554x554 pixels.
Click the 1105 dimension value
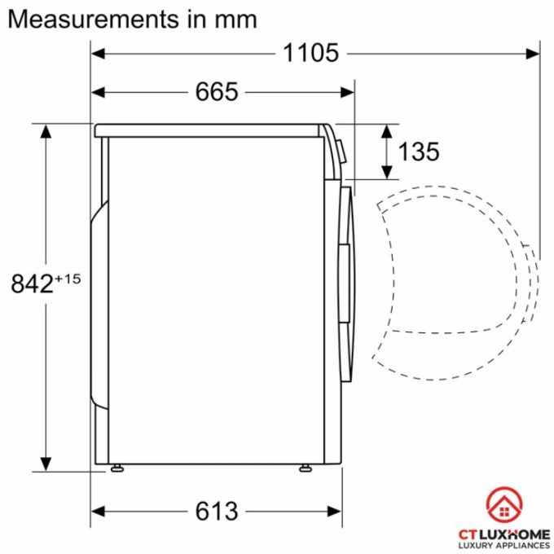tap(310, 53)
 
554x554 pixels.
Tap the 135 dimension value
tap(418, 151)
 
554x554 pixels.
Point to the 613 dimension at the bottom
tap(217, 512)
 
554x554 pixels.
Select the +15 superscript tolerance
tap(68, 279)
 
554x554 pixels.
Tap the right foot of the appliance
tap(305, 468)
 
